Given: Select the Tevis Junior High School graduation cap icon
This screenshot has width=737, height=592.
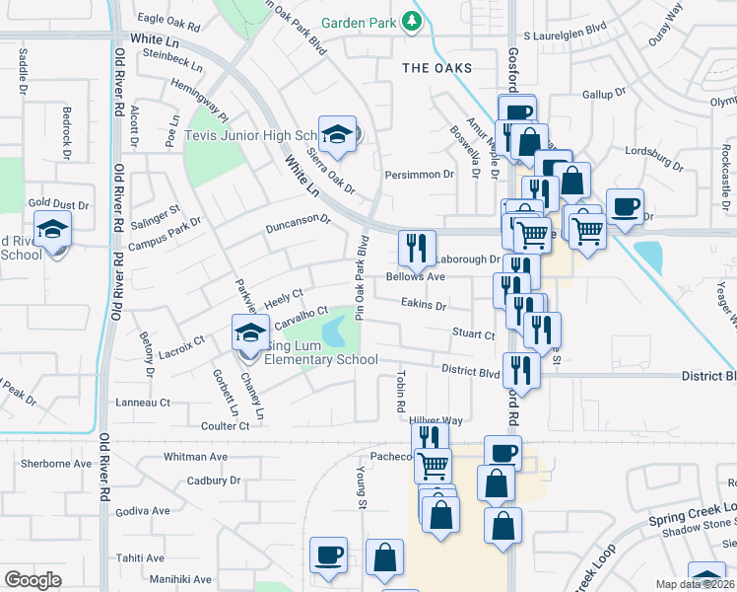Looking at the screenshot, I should tap(337, 135).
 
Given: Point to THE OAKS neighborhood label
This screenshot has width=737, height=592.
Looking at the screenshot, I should tap(436, 68).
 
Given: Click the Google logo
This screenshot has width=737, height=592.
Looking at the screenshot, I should tap(33, 579).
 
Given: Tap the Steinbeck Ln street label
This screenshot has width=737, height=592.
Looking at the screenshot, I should tap(172, 67).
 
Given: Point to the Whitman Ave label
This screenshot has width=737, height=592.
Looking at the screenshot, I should tap(195, 457).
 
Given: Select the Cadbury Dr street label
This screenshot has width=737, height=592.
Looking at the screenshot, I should tap(214, 481).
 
